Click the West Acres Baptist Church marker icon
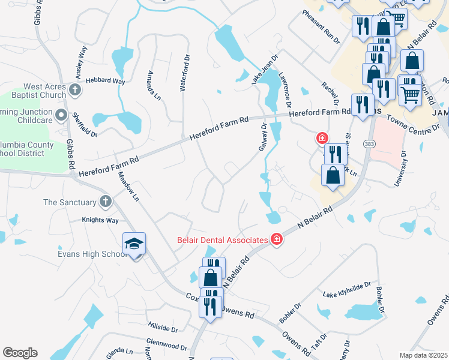click(x=75, y=90)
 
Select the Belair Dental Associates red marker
click(x=277, y=239)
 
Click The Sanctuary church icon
click(x=106, y=202)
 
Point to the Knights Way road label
click(x=100, y=220)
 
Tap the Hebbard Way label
click(x=105, y=81)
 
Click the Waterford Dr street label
click(x=185, y=74)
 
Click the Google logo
click(x=20, y=353)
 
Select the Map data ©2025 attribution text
click(x=423, y=355)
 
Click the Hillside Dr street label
click(x=163, y=328)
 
